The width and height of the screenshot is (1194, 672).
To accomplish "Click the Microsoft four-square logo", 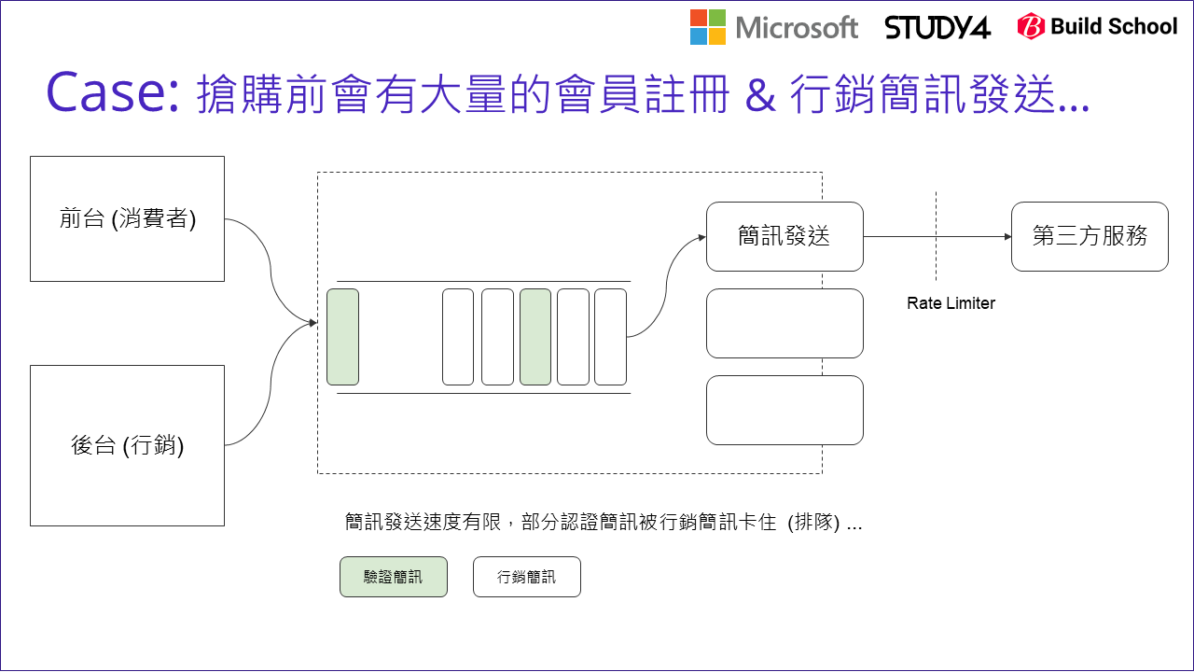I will point(709,27).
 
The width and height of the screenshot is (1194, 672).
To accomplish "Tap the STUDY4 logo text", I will point(937,28).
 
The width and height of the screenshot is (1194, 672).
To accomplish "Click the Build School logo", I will point(1097,27).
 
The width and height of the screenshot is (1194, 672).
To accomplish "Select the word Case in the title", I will point(111,94).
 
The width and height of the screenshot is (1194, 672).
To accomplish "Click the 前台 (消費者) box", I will point(127,218).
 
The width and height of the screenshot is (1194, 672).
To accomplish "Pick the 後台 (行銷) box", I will point(127,445).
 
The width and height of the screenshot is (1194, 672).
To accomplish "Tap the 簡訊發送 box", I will point(784,236).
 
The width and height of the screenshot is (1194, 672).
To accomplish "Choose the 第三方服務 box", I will point(1090,236).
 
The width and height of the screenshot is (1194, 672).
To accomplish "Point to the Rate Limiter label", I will point(951,303).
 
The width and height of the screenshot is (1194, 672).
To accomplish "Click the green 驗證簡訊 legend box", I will point(394,577).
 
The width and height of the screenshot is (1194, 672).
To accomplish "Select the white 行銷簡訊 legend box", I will point(526,577).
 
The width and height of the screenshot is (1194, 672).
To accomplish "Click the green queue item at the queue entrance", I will point(342,337).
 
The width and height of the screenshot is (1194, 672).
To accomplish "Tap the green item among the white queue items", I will point(535,337).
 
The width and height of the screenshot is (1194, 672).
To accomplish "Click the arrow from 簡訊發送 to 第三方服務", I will point(937,237).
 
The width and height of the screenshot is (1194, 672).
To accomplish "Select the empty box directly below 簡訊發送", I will point(784,323).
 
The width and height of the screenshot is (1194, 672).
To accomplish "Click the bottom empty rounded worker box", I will point(784,410).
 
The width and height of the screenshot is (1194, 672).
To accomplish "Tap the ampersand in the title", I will point(760,96).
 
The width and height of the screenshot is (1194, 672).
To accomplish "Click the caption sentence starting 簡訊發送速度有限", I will point(603,523).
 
